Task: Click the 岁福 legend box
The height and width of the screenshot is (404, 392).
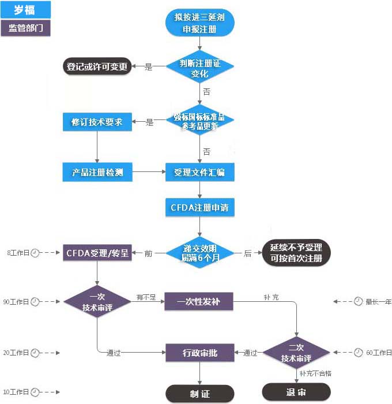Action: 25,9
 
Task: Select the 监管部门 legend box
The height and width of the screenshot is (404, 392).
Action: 25,28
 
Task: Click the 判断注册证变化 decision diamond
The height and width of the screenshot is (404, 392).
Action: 199,68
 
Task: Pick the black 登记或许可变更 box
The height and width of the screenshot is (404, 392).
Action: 97,66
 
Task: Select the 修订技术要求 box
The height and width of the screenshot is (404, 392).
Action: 97,122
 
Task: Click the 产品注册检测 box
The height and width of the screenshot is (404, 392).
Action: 97,172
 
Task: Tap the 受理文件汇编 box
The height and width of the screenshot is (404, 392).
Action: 199,172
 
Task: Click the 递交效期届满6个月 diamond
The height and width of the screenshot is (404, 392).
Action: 199,253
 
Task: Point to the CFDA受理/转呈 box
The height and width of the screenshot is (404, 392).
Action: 97,253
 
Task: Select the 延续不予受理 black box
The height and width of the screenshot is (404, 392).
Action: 296,253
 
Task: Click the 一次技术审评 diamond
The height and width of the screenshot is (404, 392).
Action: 97,302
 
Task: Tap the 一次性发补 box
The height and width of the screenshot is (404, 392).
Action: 199,301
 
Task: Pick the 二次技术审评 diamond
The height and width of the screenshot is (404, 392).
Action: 296,353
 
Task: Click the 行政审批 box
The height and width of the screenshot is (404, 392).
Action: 199,353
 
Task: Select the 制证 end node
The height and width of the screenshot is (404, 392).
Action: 199,393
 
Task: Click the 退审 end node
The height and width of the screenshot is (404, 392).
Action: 296,392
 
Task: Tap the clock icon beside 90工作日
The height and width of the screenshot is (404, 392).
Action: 35,302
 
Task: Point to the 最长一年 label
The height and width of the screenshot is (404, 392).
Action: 378,301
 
